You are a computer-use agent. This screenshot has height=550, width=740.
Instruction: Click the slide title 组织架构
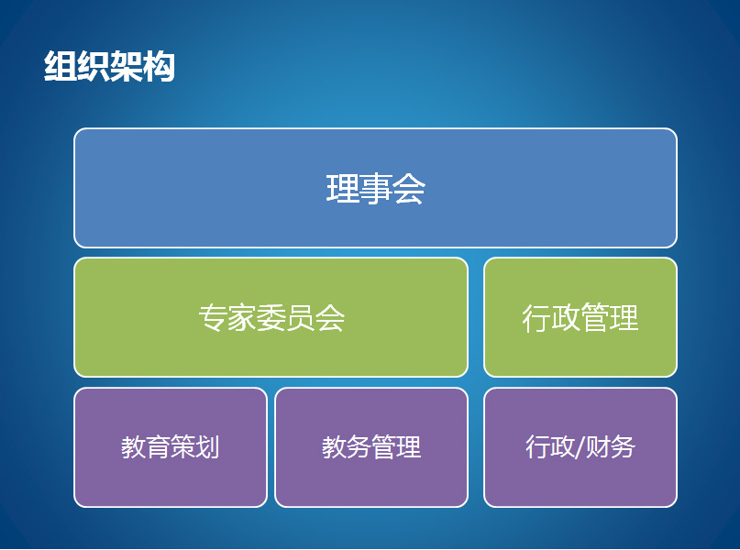(109, 67)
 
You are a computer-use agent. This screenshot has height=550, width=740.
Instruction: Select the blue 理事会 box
(375, 188)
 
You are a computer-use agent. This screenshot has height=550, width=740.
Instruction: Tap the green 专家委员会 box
(271, 317)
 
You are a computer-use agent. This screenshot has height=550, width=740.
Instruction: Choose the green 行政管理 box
(580, 317)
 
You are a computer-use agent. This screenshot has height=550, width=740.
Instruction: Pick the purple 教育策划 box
(171, 447)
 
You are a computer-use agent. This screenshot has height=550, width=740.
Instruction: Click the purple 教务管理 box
(371, 447)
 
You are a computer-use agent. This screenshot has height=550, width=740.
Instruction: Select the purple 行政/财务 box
(580, 447)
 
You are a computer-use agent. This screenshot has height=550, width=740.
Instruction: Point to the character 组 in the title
(61, 67)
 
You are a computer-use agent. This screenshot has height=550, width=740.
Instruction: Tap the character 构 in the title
(159, 67)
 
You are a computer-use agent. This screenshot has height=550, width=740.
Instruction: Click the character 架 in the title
(126, 67)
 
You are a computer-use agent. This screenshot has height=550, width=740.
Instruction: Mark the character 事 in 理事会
(376, 189)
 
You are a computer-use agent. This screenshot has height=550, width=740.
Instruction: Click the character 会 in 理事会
(409, 189)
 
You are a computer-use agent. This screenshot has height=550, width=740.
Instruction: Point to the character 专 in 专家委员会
(213, 318)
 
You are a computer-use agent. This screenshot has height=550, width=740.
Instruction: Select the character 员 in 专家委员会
(300, 318)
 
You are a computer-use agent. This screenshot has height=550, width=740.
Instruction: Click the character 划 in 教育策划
(207, 447)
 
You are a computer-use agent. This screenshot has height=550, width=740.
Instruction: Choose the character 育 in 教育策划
(158, 447)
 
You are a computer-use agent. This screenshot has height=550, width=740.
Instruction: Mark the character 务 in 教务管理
(359, 447)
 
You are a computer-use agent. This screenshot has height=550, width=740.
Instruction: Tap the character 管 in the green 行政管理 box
(594, 318)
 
